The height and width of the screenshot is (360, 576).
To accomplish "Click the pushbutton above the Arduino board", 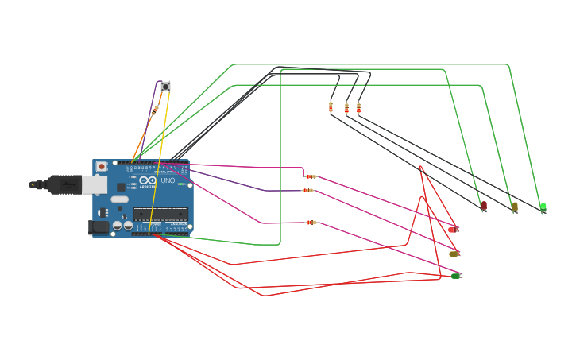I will tap(165, 86).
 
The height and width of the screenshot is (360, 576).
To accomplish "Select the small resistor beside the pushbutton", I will tap(155, 108).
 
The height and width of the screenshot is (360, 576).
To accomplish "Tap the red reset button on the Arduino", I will tap(102, 166).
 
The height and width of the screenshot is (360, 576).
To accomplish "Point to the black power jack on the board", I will tap(99, 226).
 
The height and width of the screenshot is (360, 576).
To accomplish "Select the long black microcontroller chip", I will tap(160, 213).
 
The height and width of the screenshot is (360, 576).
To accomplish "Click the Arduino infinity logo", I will tap(148, 181).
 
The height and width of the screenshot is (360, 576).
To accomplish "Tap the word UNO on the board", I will tap(168, 180).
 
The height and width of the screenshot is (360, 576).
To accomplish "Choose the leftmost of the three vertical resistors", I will tap(331, 107).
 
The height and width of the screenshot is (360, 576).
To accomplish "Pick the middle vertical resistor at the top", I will tap(346, 107).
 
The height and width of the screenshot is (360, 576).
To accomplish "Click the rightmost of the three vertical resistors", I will tap(358, 107).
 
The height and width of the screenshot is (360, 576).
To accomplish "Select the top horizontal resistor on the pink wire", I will tap(311, 176).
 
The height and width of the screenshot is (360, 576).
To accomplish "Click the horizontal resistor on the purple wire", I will tap(308, 191).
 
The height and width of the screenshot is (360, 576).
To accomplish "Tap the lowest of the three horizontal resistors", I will tap(312, 223).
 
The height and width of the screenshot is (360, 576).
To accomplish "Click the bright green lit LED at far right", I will tap(543, 207).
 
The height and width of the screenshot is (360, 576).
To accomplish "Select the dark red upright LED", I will tap(484, 206).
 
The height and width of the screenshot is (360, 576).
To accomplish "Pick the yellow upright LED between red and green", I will tap(515, 207).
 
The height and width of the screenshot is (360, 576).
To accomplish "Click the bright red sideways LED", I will tap(453, 229).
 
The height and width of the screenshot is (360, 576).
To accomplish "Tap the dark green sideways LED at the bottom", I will tap(455, 276).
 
